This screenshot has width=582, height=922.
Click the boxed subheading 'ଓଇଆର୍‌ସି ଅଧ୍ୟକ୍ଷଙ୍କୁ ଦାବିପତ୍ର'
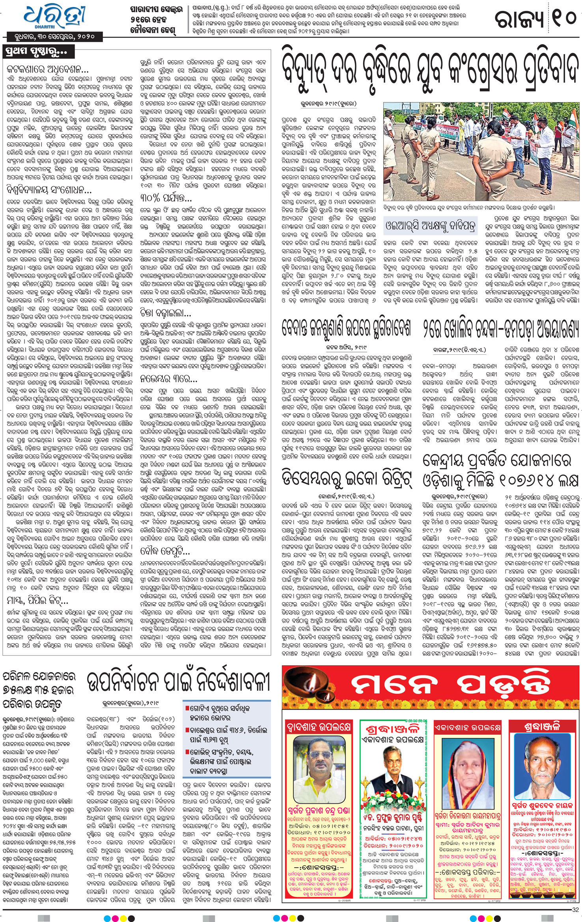pyautogui.click(x=431, y=226)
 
